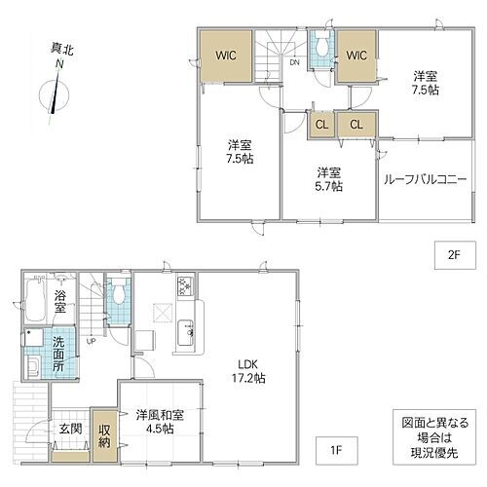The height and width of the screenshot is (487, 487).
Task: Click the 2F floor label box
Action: (455, 255)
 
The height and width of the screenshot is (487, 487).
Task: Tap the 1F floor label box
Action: (337, 450)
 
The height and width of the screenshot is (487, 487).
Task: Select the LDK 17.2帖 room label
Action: (248, 371)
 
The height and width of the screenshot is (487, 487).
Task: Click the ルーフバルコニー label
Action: (426, 179)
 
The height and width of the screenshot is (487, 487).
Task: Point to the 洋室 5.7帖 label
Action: (328, 179)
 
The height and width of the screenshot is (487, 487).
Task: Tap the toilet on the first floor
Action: (119, 292)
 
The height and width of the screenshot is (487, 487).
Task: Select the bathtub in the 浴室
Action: (35, 300)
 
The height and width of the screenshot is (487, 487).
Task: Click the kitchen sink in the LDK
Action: (185, 333)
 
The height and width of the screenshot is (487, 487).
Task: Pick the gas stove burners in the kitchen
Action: (185, 285)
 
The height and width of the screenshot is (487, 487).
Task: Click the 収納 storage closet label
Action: (104, 436)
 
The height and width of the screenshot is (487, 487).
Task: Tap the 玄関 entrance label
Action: (70, 429)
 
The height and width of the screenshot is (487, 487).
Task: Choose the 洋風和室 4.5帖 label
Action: (160, 422)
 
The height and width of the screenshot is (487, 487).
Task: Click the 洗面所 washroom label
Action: (58, 354)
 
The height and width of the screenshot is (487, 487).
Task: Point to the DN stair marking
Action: (294, 62)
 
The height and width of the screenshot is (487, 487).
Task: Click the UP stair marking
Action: (91, 341)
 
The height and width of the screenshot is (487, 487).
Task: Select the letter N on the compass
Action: (59, 64)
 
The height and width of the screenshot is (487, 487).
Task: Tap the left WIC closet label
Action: (226, 56)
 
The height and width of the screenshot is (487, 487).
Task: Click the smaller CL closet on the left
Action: (321, 125)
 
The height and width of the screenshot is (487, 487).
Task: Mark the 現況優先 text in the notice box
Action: (434, 453)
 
